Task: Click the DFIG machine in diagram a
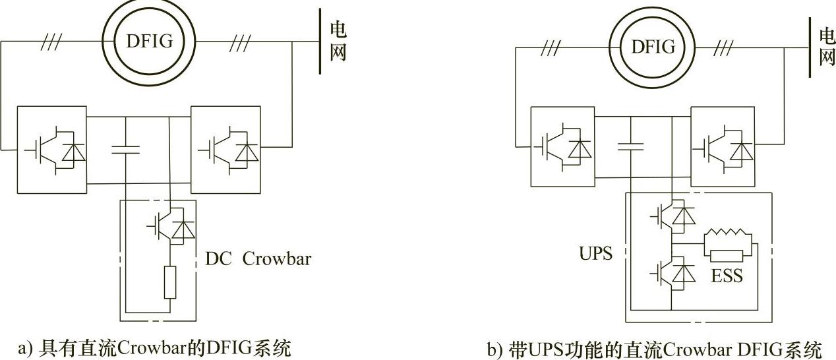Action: coord(149,42)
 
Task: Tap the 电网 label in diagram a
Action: coord(338,41)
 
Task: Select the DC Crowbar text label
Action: coord(258,258)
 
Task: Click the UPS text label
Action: coord(595,253)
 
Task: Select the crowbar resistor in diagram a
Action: coord(170,283)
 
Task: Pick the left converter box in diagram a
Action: coord(51,149)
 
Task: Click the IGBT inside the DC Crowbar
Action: coord(173,227)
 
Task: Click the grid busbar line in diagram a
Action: coord(320,41)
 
